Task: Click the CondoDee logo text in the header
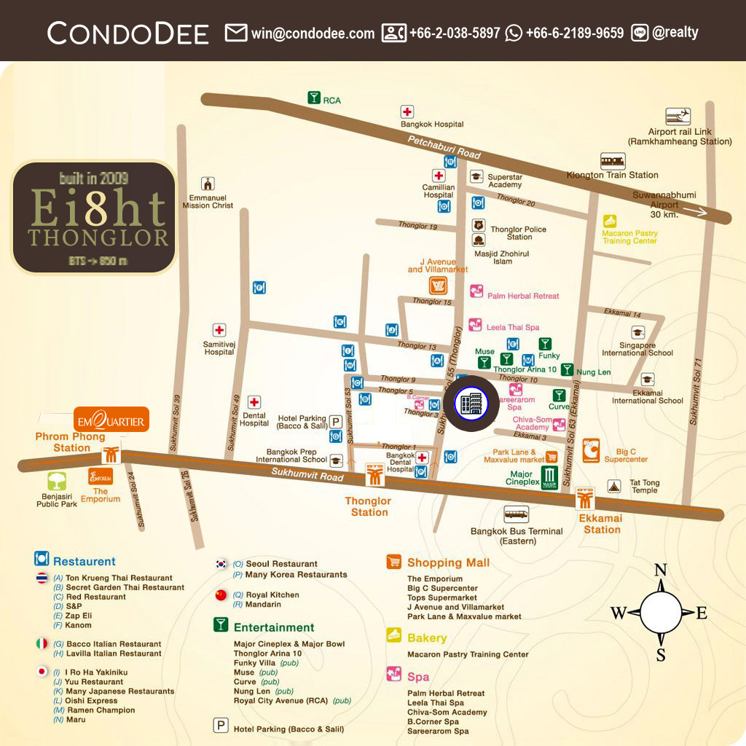128,33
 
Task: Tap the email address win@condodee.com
313,33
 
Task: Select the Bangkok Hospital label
432,125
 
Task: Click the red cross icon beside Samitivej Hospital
219,330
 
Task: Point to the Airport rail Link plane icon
678,117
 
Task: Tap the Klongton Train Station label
612,175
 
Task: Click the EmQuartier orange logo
111,420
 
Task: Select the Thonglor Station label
369,506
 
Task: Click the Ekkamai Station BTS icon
586,499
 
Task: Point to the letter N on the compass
660,570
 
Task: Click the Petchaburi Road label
444,148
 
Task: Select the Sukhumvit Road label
309,476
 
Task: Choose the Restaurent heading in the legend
84,562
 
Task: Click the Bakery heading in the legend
427,637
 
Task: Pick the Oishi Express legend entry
91,701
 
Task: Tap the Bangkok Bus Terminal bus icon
517,514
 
